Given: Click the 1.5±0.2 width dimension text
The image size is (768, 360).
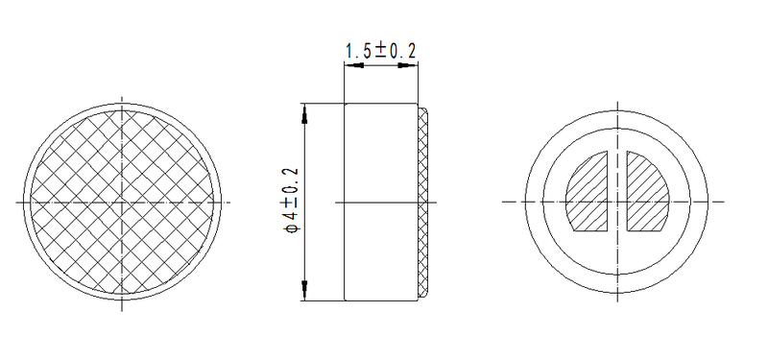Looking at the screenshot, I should [380, 53].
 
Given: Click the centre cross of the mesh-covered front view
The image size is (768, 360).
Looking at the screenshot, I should [124, 202].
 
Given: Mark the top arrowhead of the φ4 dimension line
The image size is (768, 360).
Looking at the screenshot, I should [305, 113].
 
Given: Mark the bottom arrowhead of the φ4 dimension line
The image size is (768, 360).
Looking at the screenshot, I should [305, 290].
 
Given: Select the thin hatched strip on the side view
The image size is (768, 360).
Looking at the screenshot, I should [423, 202].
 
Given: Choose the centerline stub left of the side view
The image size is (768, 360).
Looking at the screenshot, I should [339, 202].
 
